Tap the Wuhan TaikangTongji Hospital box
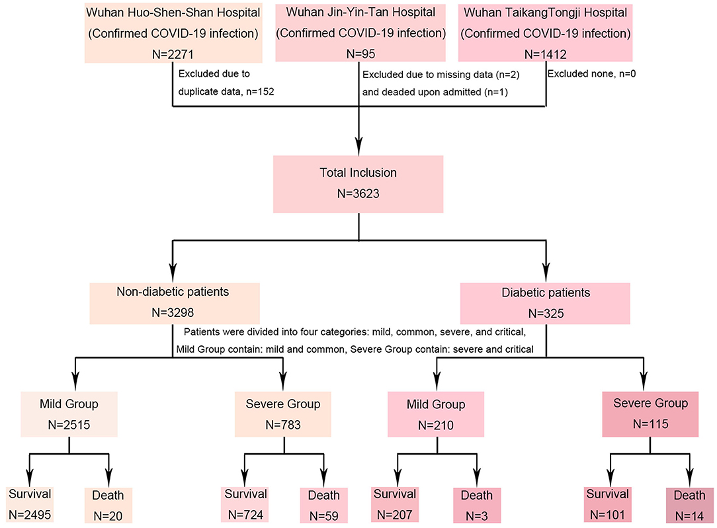(x=546, y=32)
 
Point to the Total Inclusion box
(x=358, y=184)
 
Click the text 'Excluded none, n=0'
(x=591, y=74)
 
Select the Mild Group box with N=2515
(x=69, y=414)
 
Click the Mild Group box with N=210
(x=435, y=414)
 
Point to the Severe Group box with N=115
(x=650, y=414)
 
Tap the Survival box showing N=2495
(x=30, y=504)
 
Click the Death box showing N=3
(x=476, y=504)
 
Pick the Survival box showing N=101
(x=609, y=504)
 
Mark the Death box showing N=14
(x=689, y=504)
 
